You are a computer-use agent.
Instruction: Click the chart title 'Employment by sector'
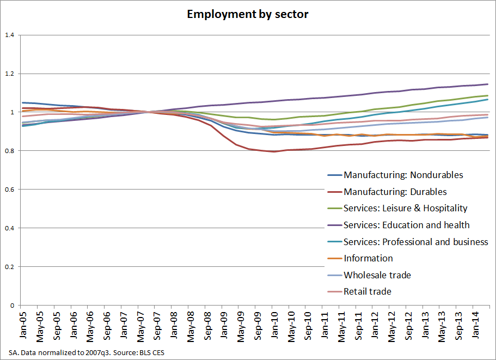coord(248,15)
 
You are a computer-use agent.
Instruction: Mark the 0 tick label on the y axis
coord(13,306)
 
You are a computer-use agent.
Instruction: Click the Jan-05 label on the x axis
coord(23,325)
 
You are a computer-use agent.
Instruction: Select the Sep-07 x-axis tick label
coord(157,326)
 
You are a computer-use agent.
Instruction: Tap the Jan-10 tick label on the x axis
coord(274,325)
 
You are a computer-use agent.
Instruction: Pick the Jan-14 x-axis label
coord(475,325)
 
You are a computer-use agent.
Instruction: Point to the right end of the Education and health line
coord(488,84)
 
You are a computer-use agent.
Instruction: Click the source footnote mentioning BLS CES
coord(87,352)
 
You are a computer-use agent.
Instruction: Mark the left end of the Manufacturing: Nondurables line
coord(22,102)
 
